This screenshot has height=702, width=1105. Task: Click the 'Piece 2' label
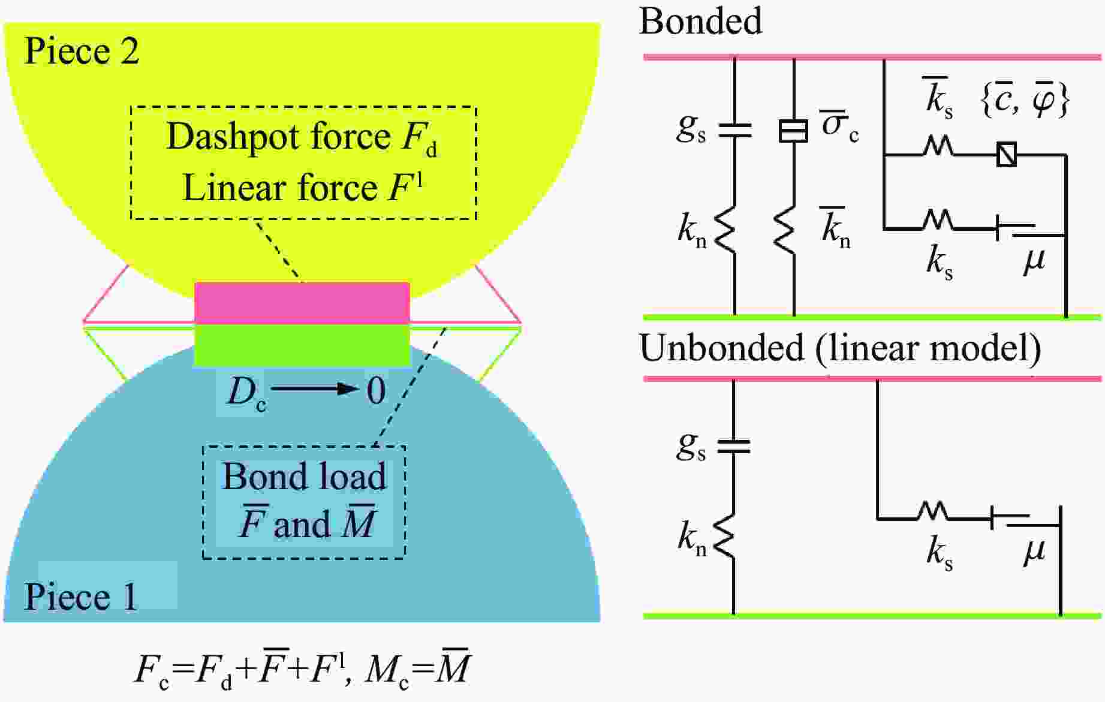tap(82, 51)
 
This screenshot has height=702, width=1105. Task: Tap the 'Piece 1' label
tap(80, 596)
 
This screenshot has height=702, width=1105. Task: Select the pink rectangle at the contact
tap(302, 303)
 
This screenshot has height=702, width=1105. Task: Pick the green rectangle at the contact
tap(302, 345)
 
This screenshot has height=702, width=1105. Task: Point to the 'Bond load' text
tap(304, 477)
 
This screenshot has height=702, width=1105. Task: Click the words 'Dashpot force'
tap(278, 137)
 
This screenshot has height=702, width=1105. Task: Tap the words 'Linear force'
tap(279, 188)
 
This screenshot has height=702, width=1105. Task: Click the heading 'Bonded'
tap(700, 22)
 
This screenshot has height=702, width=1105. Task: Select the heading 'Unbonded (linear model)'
tap(840, 348)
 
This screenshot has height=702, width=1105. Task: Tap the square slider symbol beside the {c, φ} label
tap(1006, 155)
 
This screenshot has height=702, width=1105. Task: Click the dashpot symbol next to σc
tap(793, 130)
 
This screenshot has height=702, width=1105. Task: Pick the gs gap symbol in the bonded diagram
tap(734, 129)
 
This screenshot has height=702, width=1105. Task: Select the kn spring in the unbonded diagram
tap(725, 535)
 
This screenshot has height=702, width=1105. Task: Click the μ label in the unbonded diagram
tap(1034, 550)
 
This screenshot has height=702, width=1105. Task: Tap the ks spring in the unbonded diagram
tap(933, 511)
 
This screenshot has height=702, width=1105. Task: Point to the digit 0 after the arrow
tap(376, 391)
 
